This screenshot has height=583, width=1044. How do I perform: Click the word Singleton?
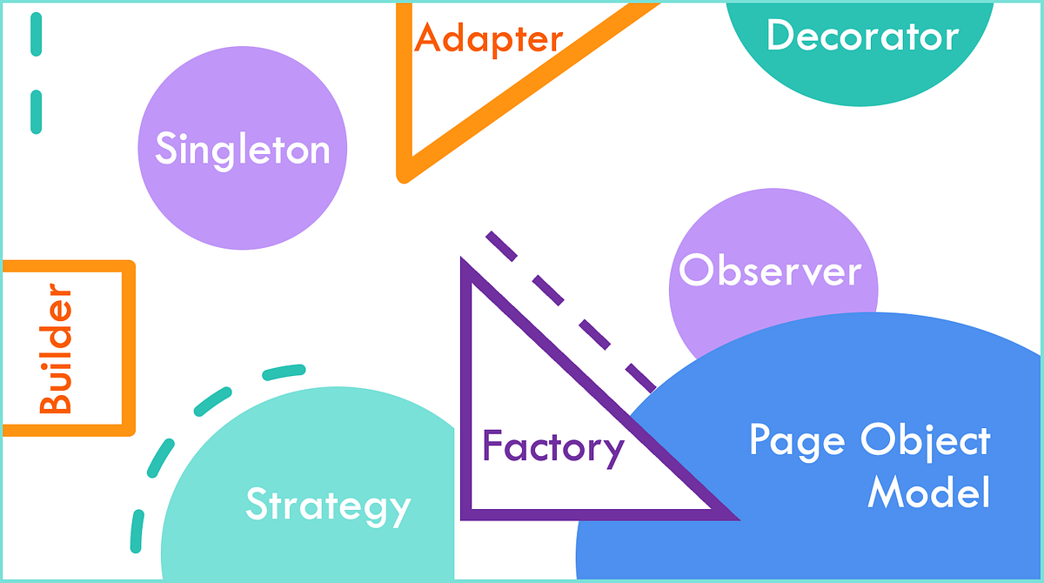243,150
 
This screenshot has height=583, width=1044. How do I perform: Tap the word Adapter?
489,39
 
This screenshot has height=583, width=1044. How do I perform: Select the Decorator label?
862,37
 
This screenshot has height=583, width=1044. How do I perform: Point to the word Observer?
770,271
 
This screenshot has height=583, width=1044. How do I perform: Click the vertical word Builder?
57,348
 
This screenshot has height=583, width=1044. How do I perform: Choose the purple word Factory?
553,447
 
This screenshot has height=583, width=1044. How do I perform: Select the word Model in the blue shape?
929,493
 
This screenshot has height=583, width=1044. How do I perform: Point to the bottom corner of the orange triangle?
404,176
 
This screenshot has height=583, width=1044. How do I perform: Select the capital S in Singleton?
166,150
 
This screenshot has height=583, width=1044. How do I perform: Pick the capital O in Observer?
696,271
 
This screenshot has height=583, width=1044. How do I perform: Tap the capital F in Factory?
492,446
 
